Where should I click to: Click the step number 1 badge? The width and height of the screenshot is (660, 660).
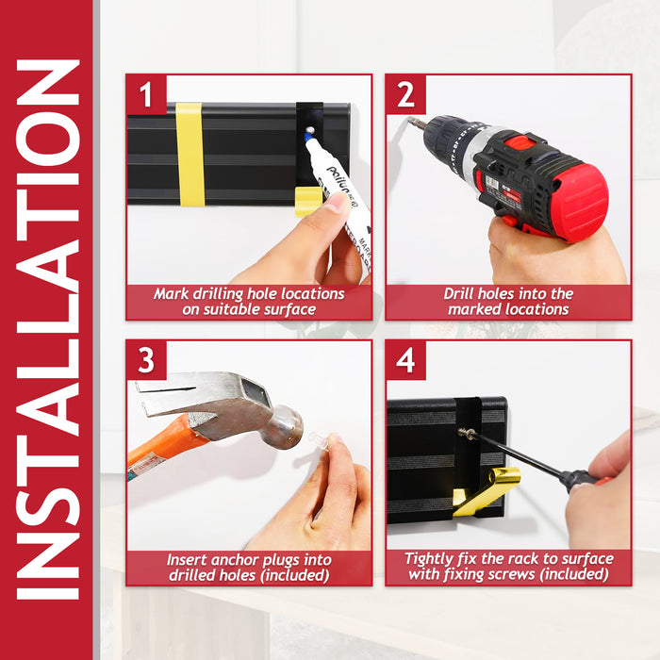pyautogui.click(x=146, y=94)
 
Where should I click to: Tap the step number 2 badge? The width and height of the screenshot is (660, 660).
pyautogui.click(x=405, y=94)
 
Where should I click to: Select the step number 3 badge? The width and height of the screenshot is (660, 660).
pyautogui.click(x=146, y=361)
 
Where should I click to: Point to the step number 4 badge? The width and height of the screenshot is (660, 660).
pyautogui.click(x=405, y=361)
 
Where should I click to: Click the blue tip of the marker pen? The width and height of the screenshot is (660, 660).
pyautogui.click(x=309, y=138)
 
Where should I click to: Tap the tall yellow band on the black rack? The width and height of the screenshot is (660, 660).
pyautogui.click(x=190, y=155)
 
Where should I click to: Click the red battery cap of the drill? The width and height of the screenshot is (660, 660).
pyautogui.click(x=580, y=203)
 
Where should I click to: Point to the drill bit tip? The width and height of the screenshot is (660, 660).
pyautogui.click(x=409, y=121)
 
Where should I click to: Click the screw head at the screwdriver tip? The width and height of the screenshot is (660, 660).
pyautogui.click(x=466, y=433)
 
